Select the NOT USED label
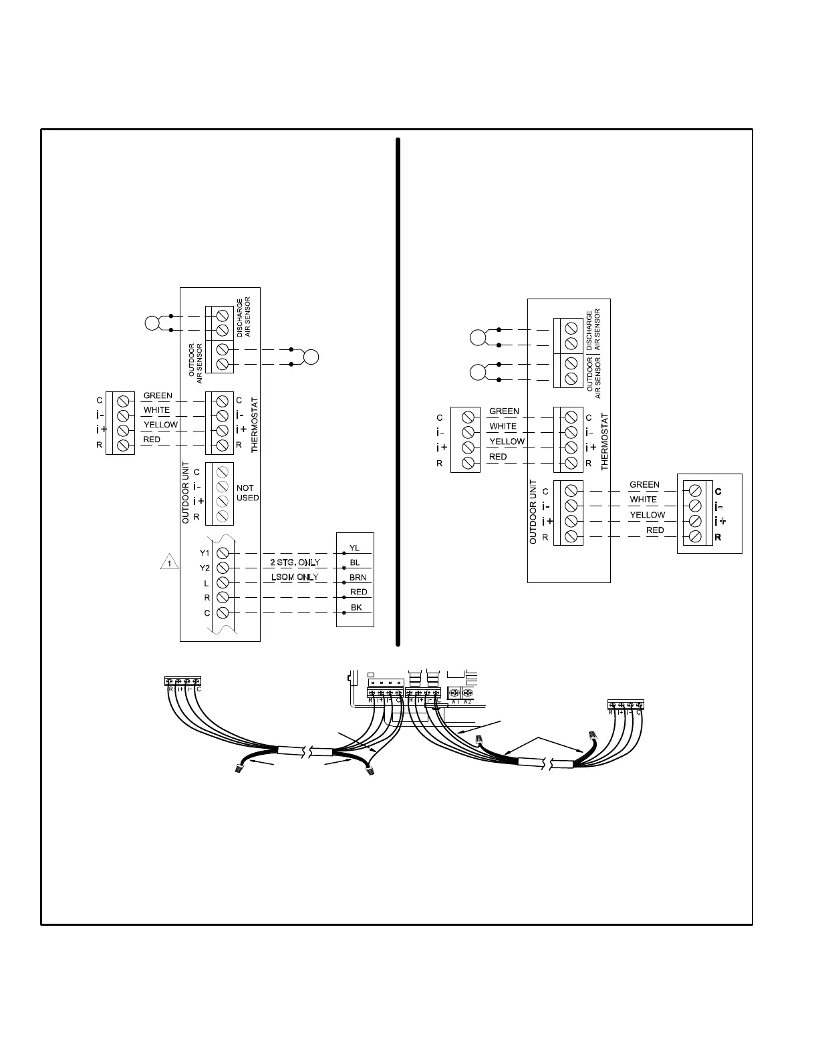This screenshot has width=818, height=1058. [x=247, y=493]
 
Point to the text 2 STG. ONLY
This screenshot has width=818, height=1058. [x=295, y=562]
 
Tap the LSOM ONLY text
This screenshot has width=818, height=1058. [x=295, y=577]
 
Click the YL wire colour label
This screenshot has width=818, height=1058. [x=354, y=548]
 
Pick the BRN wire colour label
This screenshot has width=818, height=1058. [x=358, y=578]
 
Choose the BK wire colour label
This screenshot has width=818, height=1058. [x=356, y=608]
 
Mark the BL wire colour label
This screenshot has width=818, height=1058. [x=355, y=563]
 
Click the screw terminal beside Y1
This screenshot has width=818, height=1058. [x=223, y=553]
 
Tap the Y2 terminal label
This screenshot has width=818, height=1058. [x=204, y=568]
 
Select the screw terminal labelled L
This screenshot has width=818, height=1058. [x=223, y=583]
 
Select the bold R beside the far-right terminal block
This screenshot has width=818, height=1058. [x=718, y=537]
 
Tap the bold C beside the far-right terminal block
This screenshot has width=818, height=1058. [x=718, y=492]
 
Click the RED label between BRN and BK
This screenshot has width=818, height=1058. [x=359, y=592]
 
